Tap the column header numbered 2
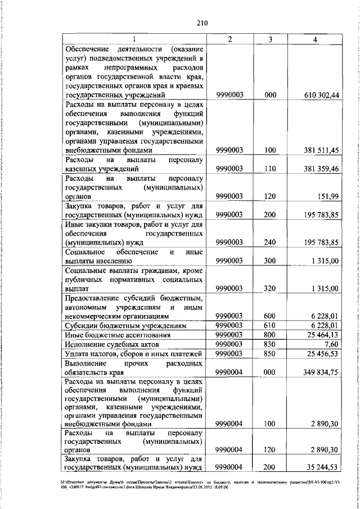coord(230,39)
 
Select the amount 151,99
coord(327,196)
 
